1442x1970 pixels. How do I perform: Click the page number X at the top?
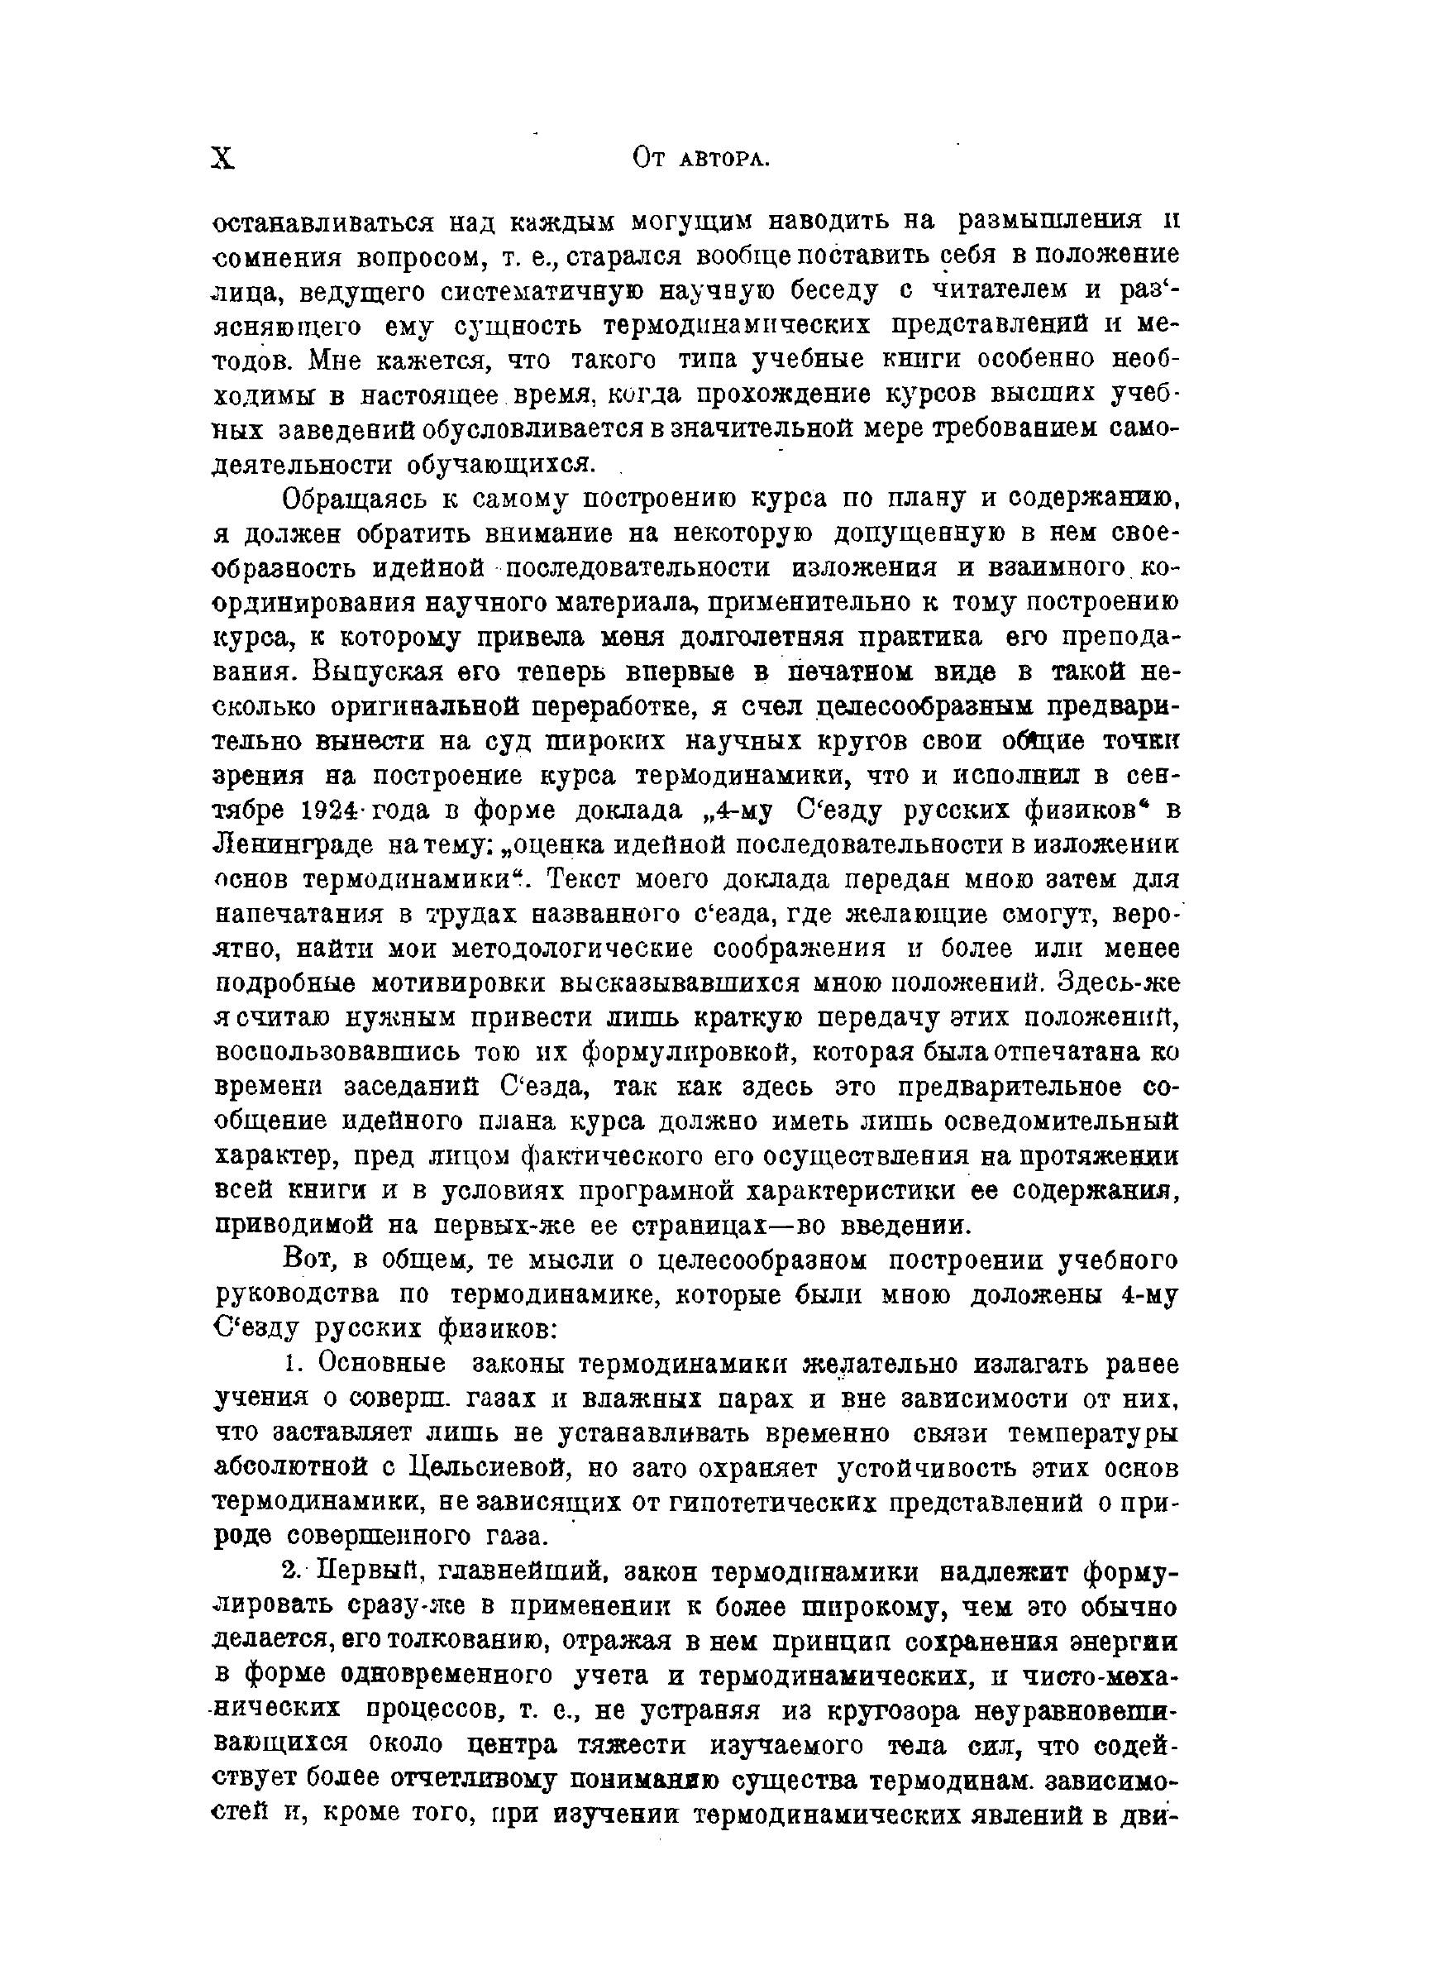click(x=223, y=158)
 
